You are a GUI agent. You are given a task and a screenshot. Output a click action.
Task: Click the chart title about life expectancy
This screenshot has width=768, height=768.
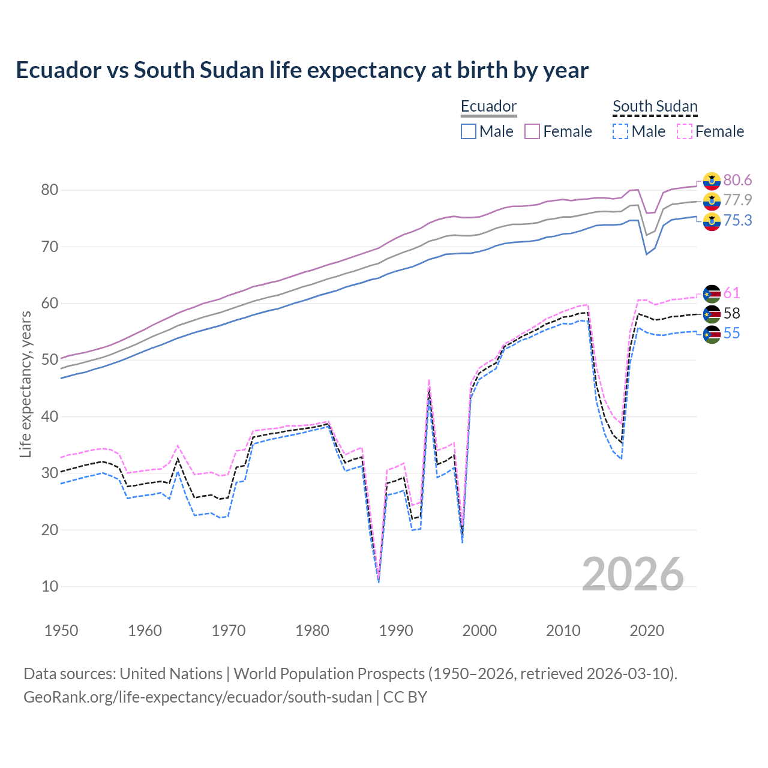pos(302,70)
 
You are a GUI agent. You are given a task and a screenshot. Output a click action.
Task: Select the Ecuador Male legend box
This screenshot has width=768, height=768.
pos(469,131)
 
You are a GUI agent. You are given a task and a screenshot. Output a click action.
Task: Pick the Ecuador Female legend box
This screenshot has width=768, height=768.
pos(533,131)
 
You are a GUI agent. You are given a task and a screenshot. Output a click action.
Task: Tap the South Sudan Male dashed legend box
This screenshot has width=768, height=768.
pos(620,131)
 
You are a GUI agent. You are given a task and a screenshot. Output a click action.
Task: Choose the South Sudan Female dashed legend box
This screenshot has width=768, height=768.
pos(685,131)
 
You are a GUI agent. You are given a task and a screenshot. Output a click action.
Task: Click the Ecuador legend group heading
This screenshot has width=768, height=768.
pos(488,106)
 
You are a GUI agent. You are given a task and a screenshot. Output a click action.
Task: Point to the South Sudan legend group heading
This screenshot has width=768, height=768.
pos(655,106)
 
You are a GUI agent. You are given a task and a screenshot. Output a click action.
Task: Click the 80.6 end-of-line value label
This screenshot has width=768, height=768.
pos(737,180)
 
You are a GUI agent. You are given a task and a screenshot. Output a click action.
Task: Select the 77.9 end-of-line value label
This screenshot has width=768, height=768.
pos(737,200)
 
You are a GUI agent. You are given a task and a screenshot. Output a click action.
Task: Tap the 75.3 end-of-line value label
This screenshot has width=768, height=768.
pos(737,220)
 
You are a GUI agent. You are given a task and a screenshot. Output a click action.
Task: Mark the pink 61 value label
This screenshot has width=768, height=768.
pos(731,293)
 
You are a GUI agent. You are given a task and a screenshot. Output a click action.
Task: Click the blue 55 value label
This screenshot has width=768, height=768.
pos(731,333)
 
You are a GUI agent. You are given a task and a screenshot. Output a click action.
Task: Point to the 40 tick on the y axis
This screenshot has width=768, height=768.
pos(50,416)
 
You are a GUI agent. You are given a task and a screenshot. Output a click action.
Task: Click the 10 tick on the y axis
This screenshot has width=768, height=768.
pos(50,586)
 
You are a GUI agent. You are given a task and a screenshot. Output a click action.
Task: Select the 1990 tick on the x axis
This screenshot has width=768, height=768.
pos(396,630)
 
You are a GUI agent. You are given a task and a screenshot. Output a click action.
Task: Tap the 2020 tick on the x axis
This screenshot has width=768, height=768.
pos(647,630)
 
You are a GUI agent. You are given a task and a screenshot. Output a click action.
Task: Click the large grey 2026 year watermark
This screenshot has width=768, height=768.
pos(632,574)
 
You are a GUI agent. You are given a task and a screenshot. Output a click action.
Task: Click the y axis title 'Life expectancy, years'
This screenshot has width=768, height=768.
pos(25,384)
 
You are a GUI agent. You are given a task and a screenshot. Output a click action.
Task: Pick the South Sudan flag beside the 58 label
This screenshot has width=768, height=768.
pos(712,313)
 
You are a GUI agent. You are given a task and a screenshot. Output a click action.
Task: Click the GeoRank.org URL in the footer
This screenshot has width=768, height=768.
pos(197,697)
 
